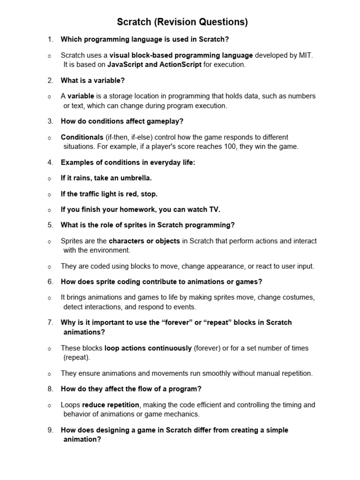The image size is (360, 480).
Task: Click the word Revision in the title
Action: pos(169,22)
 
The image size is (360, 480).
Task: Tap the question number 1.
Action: pos(50,39)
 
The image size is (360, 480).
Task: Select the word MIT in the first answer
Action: pos(306,55)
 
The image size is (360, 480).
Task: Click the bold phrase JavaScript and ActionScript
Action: pos(154,65)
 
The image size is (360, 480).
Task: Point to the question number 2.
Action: pos(50,80)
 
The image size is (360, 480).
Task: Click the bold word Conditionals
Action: pos(82,137)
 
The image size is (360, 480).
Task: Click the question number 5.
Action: pos(50,225)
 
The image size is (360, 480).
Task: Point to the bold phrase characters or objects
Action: pos(144,241)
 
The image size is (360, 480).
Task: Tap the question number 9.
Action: pos(50,430)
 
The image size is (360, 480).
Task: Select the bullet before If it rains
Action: pos(49,179)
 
